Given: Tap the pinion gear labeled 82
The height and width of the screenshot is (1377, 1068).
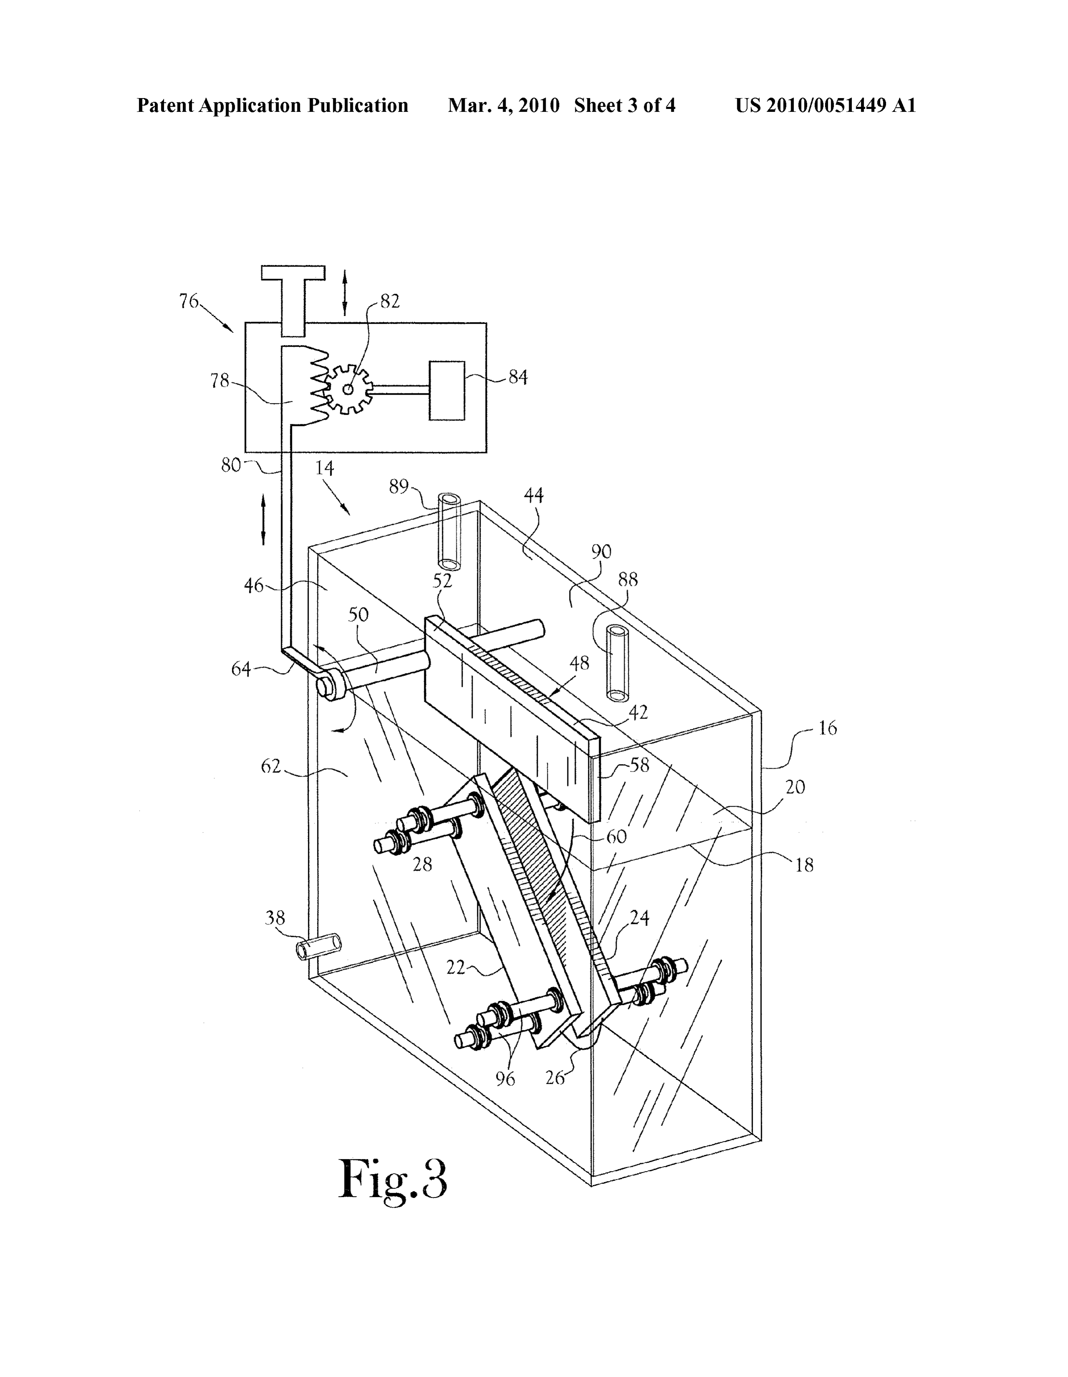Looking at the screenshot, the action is coord(348,389).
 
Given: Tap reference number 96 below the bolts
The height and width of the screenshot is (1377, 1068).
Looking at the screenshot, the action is coord(505,1079).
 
